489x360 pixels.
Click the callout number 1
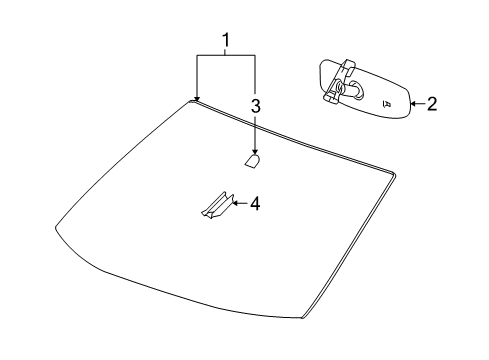(x=226, y=41)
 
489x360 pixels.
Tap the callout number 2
(x=432, y=103)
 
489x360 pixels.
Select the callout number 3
(x=255, y=105)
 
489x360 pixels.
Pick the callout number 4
(x=254, y=203)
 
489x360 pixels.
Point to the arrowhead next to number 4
(x=235, y=203)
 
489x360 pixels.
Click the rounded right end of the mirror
(x=407, y=104)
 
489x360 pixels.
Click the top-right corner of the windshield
(x=392, y=177)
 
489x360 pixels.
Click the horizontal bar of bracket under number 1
(x=226, y=56)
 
